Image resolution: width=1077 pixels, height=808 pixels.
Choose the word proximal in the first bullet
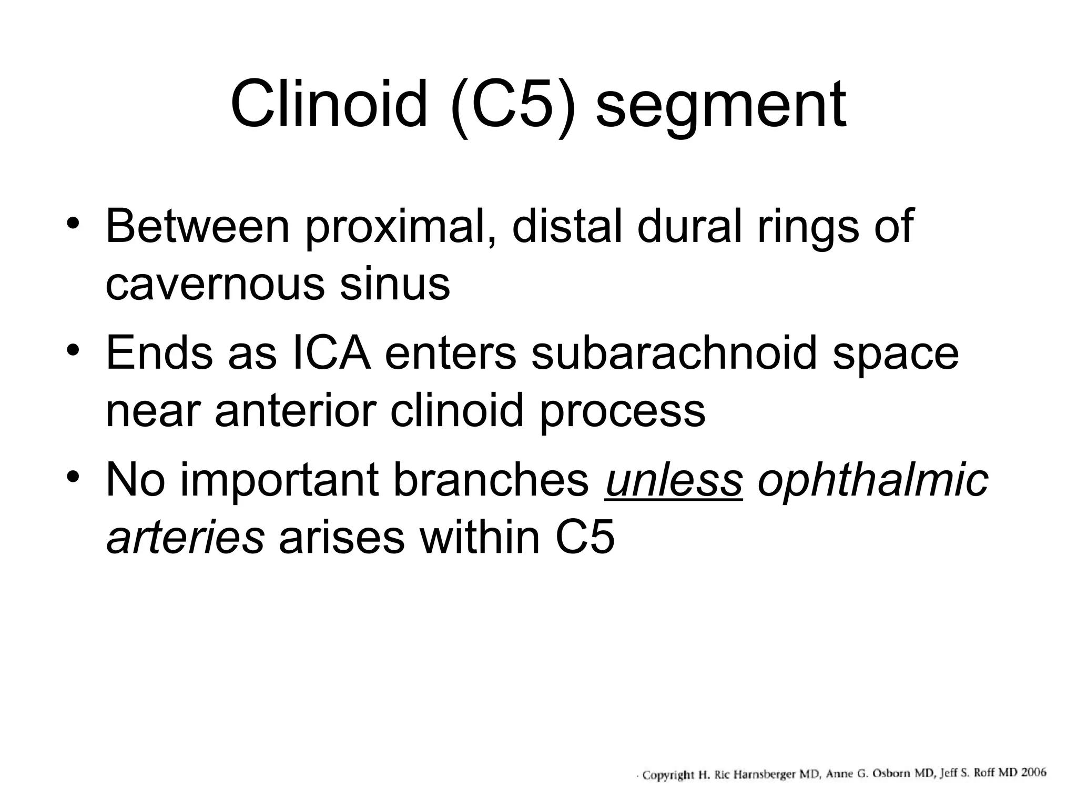click(401, 228)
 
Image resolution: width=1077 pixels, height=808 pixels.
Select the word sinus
click(394, 284)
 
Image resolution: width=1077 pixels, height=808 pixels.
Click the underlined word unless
click(674, 480)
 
